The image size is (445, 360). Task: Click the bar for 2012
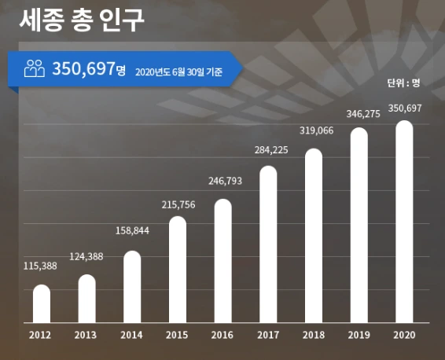click(x=42, y=303)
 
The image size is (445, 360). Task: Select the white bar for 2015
click(x=178, y=270)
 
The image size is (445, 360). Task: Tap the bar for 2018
click(x=314, y=236)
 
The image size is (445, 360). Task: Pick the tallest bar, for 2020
click(x=404, y=222)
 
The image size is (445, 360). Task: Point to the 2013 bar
click(x=86, y=299)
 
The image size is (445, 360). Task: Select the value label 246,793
click(x=222, y=180)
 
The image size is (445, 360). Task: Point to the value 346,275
click(x=359, y=113)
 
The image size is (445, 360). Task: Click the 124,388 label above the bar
click(x=86, y=255)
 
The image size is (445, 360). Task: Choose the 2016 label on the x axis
click(x=222, y=336)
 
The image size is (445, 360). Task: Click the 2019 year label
click(x=359, y=336)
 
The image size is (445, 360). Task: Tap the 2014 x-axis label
click(x=132, y=336)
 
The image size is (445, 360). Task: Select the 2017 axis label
click(x=268, y=336)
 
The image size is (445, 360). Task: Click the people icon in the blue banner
click(x=35, y=69)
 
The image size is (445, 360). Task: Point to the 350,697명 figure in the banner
click(x=89, y=69)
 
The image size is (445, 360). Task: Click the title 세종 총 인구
click(x=82, y=20)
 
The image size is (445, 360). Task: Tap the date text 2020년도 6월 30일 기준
click(x=178, y=72)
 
